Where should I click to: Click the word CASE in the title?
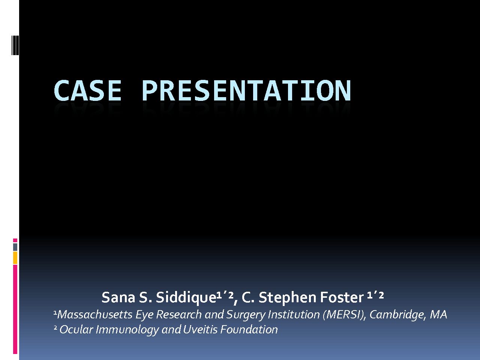(87, 90)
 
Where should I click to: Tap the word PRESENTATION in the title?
(246, 90)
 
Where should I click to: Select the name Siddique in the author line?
(186, 297)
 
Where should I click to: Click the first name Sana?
(118, 298)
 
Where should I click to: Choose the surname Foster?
(342, 298)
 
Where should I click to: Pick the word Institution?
(294, 315)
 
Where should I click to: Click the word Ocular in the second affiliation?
(76, 329)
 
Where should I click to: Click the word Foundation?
(249, 329)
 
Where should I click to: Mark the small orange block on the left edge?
(15, 258)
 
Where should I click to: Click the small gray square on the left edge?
(15, 247)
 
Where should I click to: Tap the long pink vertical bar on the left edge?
(15, 309)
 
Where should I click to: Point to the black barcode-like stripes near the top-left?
(15, 45)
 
